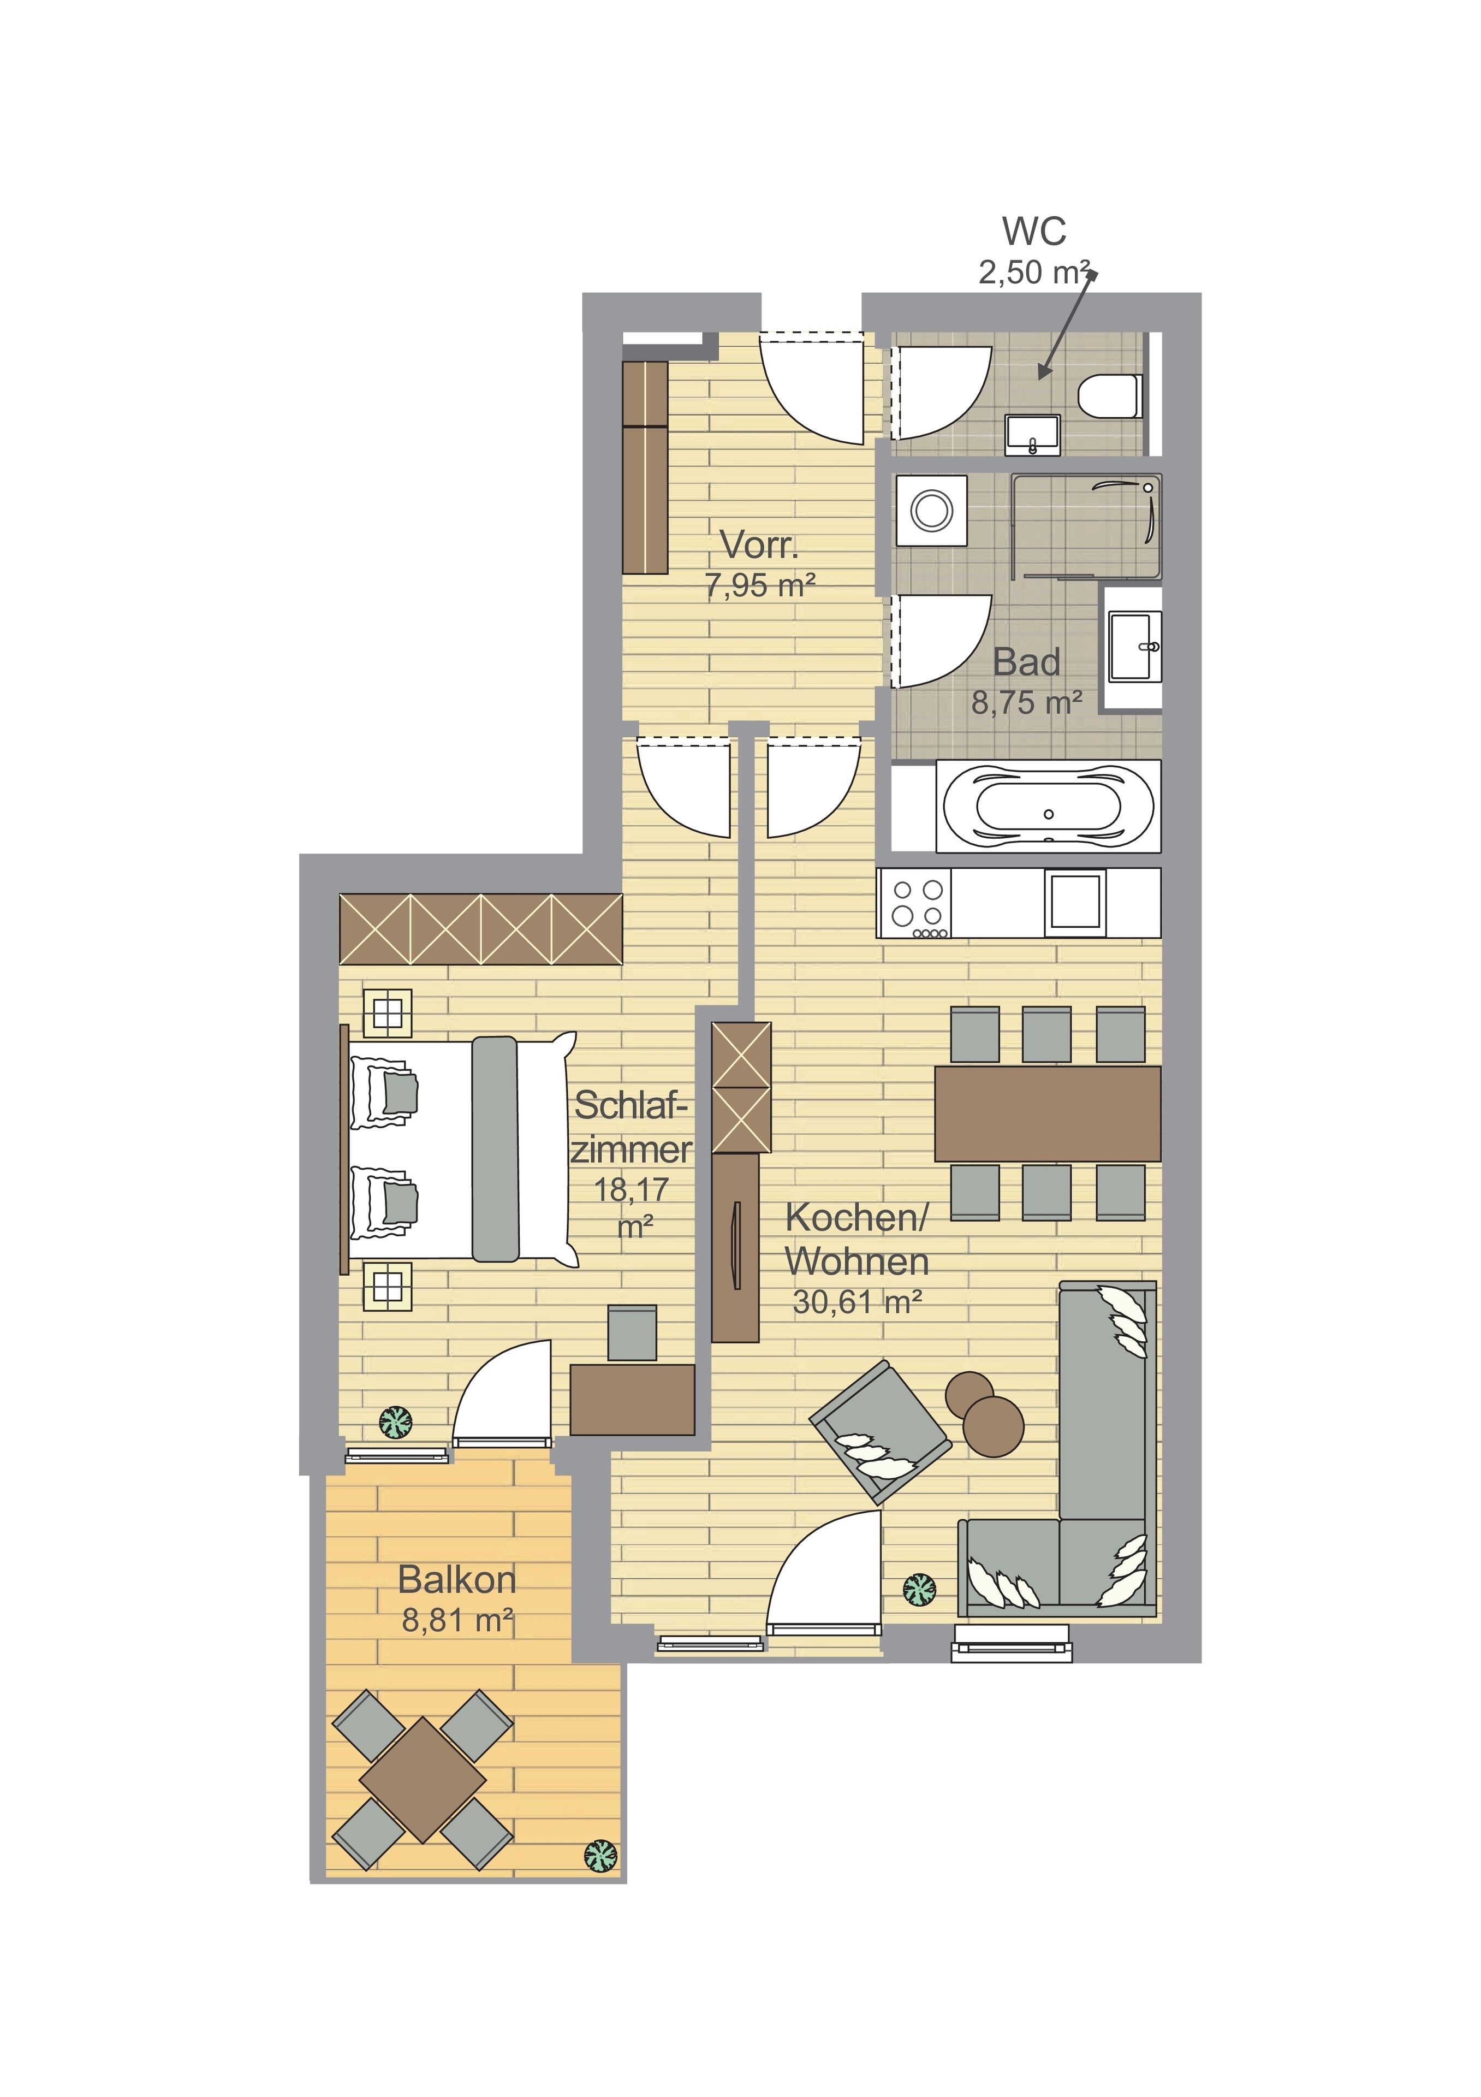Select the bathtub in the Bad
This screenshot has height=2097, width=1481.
(x=1048, y=807)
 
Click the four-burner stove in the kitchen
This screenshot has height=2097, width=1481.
(x=914, y=903)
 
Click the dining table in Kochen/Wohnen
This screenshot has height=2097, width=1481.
(x=1048, y=1113)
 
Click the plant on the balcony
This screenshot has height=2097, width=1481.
(x=601, y=1855)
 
